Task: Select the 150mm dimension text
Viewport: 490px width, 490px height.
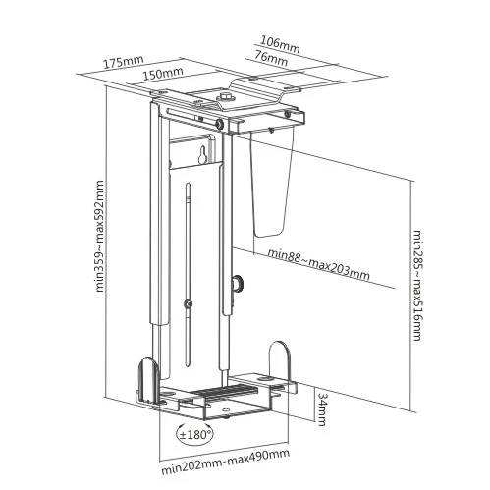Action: click(x=163, y=74)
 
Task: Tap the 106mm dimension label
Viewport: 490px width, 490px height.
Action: click(x=280, y=44)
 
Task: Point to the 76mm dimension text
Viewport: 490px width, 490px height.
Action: click(x=271, y=58)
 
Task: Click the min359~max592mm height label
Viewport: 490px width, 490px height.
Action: click(x=99, y=236)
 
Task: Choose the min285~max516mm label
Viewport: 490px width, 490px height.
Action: click(x=416, y=285)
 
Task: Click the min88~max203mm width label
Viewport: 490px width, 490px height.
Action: click(x=318, y=264)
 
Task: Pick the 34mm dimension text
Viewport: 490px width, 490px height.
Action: click(x=322, y=408)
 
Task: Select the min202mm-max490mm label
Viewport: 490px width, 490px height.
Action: click(x=226, y=462)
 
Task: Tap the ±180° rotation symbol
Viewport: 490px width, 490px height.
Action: click(x=194, y=435)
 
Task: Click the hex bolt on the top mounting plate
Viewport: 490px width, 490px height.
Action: click(x=225, y=97)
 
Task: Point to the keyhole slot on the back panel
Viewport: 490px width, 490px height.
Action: click(x=202, y=155)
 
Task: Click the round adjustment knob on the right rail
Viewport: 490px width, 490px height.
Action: click(x=238, y=283)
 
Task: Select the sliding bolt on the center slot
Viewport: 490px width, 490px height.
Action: click(x=188, y=303)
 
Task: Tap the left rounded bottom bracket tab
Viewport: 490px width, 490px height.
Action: click(x=148, y=382)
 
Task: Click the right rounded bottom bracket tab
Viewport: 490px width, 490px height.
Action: click(x=280, y=361)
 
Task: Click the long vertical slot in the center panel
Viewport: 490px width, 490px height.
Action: click(x=188, y=274)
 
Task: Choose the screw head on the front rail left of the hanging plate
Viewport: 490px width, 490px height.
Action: click(x=219, y=124)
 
